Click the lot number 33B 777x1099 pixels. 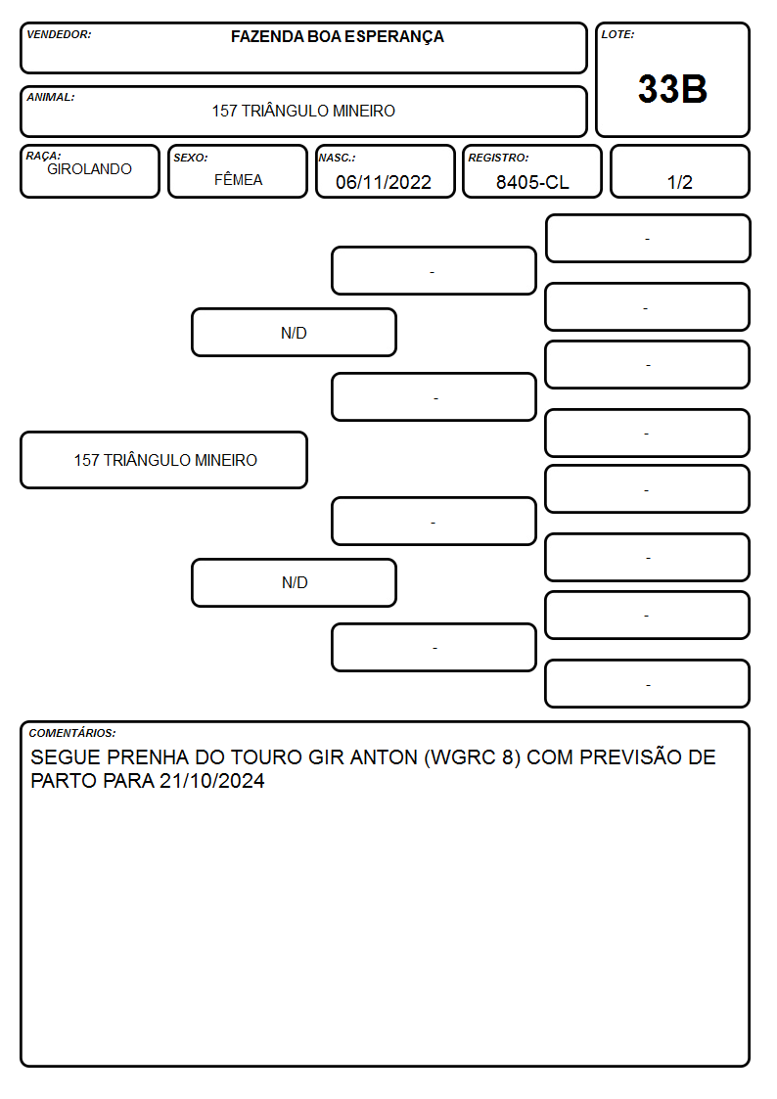coord(672,89)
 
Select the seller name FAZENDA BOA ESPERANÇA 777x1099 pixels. coord(337,37)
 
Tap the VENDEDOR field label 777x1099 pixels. coord(59,34)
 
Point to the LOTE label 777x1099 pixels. coord(617,34)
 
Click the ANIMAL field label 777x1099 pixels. coord(51,98)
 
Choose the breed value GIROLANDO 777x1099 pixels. coord(89,169)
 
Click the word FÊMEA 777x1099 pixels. coord(238,179)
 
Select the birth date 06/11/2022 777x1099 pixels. coord(384,182)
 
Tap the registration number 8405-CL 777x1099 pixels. coord(532,182)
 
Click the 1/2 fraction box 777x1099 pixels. coord(679,171)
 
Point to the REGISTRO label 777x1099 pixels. coord(498,159)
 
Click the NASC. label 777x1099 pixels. coord(337,159)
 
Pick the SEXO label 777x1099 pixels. coord(191,159)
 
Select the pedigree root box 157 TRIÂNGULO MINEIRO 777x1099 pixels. coord(164,460)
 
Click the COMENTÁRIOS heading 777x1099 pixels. coord(72,733)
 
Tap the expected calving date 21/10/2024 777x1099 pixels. coord(211,781)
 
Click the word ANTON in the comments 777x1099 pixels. coord(384,757)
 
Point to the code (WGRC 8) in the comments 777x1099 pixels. coord(473,757)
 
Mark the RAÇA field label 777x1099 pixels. coord(43,156)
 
